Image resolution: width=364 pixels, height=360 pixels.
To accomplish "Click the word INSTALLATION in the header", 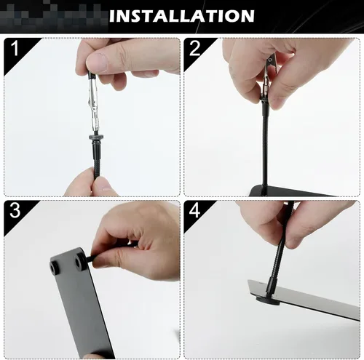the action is (181, 16).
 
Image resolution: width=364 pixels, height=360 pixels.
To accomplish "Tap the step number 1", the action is (15, 48).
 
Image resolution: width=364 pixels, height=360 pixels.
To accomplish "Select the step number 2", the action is (194, 49).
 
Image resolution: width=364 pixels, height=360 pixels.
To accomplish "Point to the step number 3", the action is (15, 210).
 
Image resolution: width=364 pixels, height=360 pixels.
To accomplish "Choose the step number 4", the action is (194, 210).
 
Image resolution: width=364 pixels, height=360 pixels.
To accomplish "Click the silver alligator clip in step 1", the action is (93, 103).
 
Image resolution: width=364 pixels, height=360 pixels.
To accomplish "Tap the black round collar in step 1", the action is (93, 136).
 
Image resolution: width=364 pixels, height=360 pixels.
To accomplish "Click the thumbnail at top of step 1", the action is (97, 62).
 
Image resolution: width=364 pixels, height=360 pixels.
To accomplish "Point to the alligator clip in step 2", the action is (269, 75).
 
